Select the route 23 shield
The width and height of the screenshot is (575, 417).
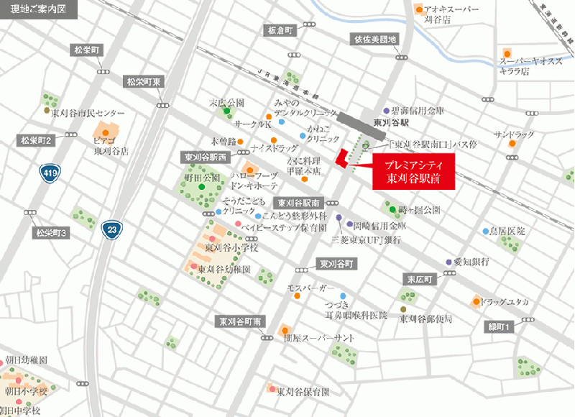point(111,229)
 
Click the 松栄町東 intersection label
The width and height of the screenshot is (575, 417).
point(143,82)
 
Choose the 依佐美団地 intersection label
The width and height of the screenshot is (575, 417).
point(374,39)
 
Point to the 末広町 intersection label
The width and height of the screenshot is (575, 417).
point(418,278)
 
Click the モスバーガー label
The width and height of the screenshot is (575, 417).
point(310,288)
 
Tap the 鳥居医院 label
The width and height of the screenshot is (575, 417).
point(507,232)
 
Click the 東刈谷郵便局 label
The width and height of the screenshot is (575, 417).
point(425,318)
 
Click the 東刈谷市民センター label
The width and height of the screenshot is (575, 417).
point(88,114)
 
